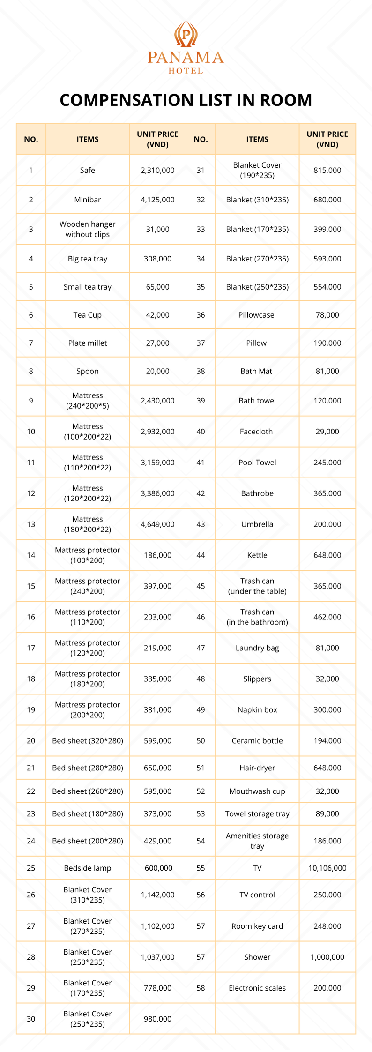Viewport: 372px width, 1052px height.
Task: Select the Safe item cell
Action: coord(88,170)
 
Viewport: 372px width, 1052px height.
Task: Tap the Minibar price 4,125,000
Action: coord(157,200)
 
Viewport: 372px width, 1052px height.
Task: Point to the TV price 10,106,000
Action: coord(327,868)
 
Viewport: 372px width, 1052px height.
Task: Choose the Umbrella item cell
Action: coord(257,524)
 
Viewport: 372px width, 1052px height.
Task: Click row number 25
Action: coord(31,868)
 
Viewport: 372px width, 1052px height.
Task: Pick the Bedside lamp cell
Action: coord(88,868)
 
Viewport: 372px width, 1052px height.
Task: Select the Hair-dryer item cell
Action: coord(257,768)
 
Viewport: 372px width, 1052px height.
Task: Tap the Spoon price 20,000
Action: coord(157,371)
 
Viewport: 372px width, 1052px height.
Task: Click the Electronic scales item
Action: coord(257,988)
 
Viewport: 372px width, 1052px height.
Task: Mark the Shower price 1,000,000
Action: coord(327,957)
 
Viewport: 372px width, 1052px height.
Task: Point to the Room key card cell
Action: coord(257,926)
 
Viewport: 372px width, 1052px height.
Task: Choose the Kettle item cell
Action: coord(257,555)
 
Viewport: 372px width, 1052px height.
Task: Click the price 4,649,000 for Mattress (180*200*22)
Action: coord(157,524)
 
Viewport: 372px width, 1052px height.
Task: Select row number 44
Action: coord(201,555)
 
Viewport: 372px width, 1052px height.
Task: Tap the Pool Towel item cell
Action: coord(257,463)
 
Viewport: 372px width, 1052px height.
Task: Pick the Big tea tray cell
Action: coord(88,259)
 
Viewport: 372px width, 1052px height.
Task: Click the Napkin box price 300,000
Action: coord(327,709)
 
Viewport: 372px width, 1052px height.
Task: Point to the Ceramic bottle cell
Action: coord(257,740)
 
